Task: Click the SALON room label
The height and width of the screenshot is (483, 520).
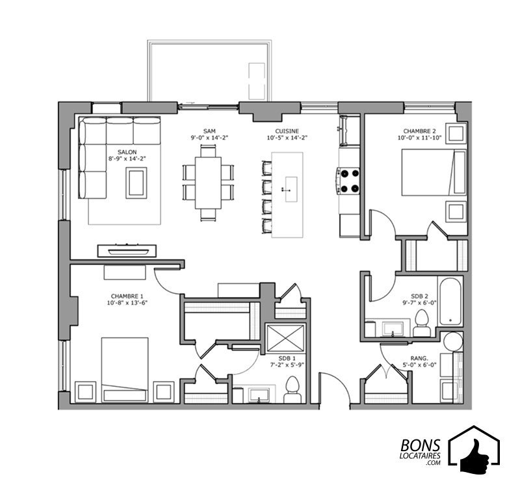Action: point(127,152)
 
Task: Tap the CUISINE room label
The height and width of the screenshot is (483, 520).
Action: point(287,131)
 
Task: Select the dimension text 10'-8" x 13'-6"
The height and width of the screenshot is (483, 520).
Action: point(127,303)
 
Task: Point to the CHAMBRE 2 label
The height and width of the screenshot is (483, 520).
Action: point(419,131)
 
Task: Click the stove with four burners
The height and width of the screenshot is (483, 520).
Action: point(348,181)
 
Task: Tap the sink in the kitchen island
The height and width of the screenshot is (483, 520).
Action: point(290,189)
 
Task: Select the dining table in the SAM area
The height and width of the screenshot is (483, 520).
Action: point(208,183)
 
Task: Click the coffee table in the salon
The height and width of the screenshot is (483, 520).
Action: point(136,183)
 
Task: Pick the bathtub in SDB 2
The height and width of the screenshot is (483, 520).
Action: point(450,301)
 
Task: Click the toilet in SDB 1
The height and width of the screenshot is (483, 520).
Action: point(292,389)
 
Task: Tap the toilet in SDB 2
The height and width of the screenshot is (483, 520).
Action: point(422,323)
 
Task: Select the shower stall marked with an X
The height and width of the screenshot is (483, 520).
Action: point(286,338)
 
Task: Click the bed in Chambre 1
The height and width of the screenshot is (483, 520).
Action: point(125,370)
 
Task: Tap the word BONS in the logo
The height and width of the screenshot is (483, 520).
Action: point(421,446)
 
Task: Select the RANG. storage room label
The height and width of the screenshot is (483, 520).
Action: point(419,358)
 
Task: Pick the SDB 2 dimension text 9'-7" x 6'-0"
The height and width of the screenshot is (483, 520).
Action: point(419,303)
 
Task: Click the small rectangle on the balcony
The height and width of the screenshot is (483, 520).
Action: point(257,81)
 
